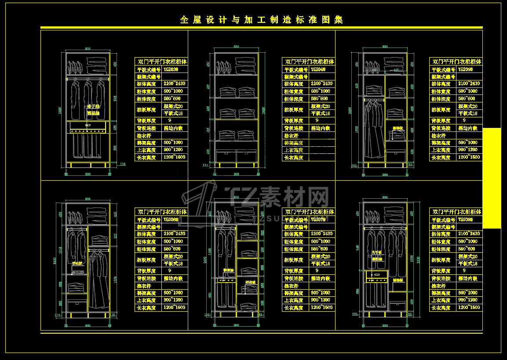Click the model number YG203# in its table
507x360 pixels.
pos(171,69)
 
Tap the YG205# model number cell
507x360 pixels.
pos(465,69)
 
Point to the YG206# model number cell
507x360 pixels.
pos(171,219)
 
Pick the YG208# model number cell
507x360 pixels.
pos(465,219)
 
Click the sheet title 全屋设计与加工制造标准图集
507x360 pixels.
pos(261,20)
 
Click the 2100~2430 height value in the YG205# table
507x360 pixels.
pos(469,84)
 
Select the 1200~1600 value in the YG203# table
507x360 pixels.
pos(174,157)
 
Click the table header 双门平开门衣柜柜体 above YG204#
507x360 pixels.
pos(310,62)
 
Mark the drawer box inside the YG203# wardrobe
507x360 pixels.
pos(88,127)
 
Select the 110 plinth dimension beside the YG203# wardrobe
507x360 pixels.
pos(123,164)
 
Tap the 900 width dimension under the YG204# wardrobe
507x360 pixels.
pos(236,175)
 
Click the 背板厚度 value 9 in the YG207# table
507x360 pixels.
pos(317,271)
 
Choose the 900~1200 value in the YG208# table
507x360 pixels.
pos(469,300)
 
